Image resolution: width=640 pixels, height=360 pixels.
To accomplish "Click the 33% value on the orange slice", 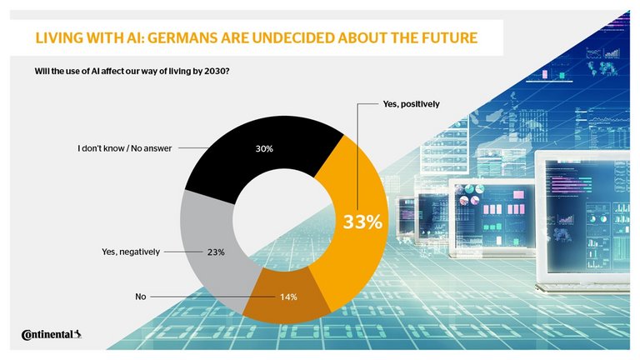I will [363, 222].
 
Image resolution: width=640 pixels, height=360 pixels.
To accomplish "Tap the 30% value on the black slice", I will [264, 150].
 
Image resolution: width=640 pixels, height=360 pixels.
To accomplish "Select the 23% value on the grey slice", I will [216, 251].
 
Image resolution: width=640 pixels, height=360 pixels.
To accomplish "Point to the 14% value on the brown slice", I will [288, 296].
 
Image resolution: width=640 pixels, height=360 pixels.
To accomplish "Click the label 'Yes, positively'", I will [410, 104].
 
